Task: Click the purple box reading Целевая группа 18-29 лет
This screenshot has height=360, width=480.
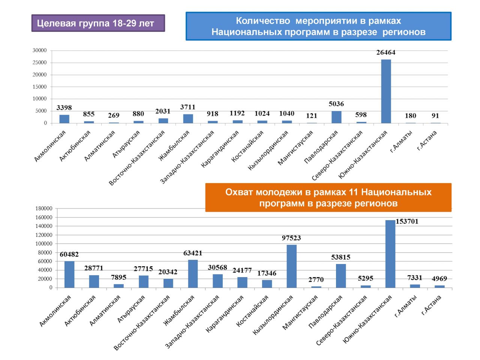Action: tap(98, 23)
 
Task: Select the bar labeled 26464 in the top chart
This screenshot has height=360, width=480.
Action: tap(386, 91)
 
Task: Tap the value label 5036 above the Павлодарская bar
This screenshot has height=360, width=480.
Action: tap(336, 104)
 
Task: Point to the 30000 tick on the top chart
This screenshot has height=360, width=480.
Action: tap(40, 50)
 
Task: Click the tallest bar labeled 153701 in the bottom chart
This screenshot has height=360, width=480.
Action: tap(390, 254)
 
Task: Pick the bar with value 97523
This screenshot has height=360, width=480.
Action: tap(291, 266)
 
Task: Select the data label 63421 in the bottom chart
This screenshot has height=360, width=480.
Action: tap(192, 253)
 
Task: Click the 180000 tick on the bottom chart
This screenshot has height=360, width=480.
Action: tap(44, 208)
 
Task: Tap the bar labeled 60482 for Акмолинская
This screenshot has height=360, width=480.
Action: tap(69, 274)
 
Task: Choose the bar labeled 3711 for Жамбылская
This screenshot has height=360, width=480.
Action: tap(188, 118)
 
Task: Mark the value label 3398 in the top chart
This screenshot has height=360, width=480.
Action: tap(64, 108)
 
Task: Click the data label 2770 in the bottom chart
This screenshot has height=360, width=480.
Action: tap(316, 280)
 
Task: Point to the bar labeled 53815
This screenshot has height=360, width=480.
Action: tap(341, 276)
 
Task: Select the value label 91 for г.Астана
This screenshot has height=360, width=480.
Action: tap(435, 116)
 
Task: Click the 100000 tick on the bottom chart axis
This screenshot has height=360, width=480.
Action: tap(44, 244)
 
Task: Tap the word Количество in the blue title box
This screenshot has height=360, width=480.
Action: tap(262, 21)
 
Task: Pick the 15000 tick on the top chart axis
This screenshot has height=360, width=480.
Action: tap(40, 87)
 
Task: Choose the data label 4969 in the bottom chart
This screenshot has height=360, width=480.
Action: tap(439, 279)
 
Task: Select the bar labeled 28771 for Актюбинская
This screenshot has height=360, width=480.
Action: tap(94, 281)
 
